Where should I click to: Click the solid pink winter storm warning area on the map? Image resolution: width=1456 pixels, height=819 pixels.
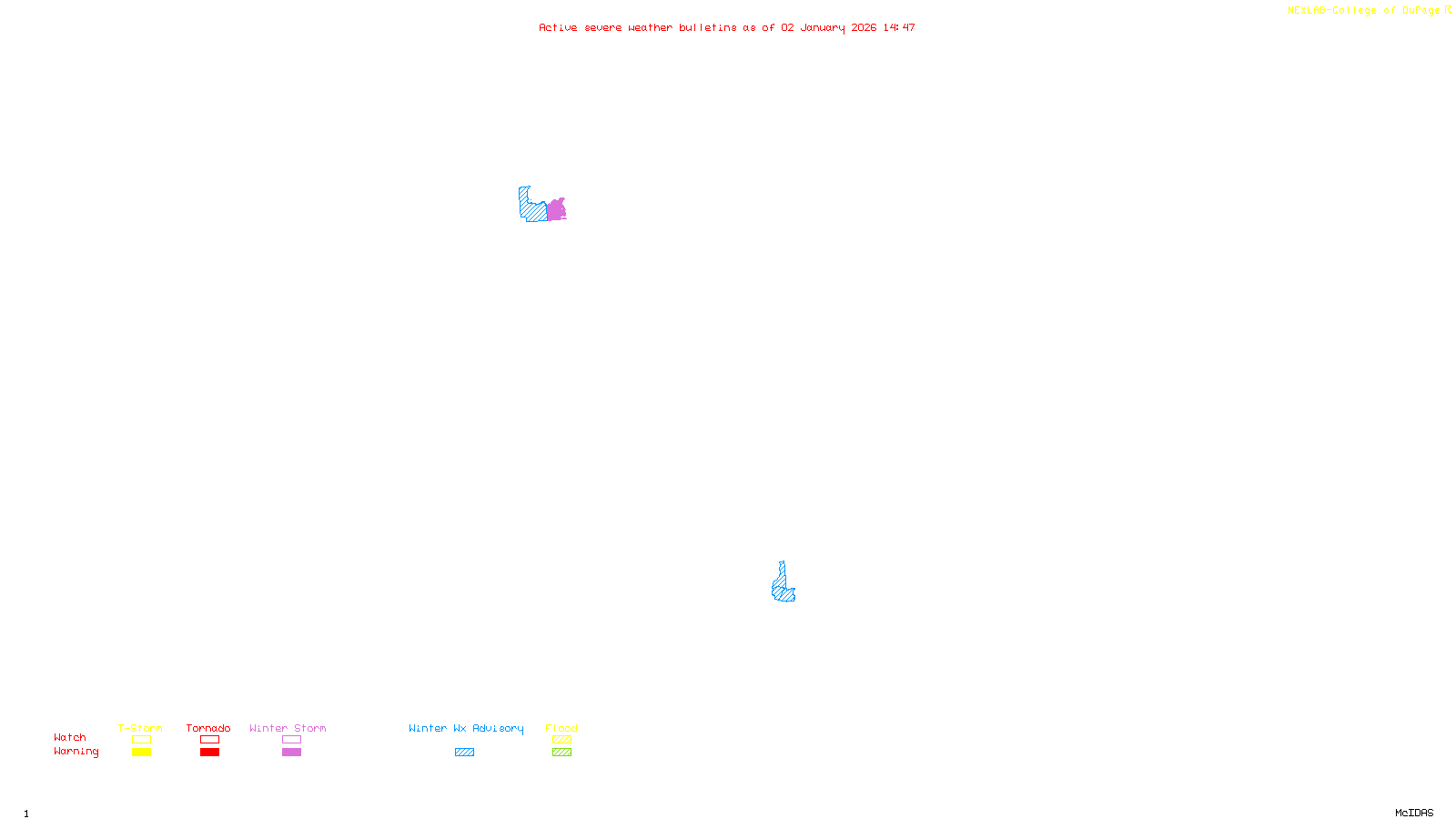(556, 210)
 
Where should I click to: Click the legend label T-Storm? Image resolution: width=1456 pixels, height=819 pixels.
(140, 728)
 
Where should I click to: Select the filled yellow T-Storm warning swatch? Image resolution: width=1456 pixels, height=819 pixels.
(141, 753)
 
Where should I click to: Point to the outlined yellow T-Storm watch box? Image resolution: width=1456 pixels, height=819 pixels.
(141, 740)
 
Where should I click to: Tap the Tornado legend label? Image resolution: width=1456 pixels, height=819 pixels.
(208, 728)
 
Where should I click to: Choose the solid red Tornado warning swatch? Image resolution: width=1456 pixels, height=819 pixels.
(209, 753)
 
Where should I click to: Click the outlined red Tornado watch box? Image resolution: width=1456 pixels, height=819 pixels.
(209, 740)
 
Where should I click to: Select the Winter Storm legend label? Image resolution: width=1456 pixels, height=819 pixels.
(288, 728)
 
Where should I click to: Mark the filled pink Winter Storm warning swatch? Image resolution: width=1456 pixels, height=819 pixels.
(291, 753)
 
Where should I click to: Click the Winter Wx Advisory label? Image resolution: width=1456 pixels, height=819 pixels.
(466, 728)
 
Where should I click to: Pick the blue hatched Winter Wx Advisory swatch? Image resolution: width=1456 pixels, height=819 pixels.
(464, 753)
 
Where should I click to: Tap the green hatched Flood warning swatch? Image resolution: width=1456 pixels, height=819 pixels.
(561, 753)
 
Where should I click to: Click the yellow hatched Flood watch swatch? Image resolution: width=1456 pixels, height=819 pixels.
(561, 740)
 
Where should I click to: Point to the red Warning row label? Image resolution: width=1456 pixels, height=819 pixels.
(76, 752)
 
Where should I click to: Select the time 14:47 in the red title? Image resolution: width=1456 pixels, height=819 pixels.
(899, 27)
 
